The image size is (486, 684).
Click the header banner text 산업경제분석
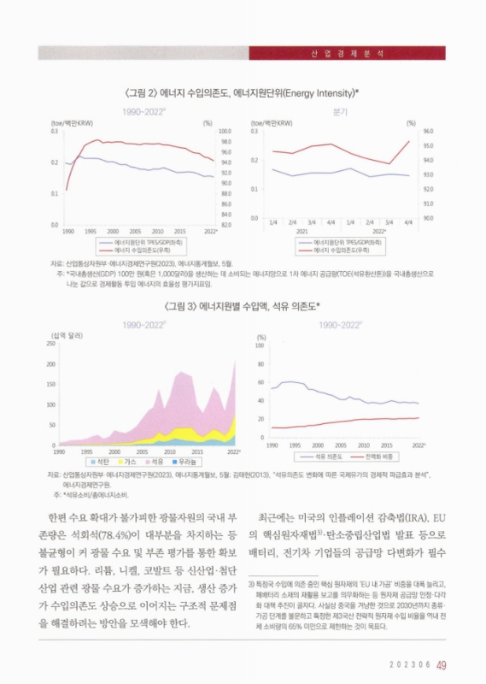[343, 52]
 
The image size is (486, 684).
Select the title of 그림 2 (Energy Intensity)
[243, 91]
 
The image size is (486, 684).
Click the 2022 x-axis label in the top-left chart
[211, 232]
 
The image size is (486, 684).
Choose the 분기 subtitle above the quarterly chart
[340, 112]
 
